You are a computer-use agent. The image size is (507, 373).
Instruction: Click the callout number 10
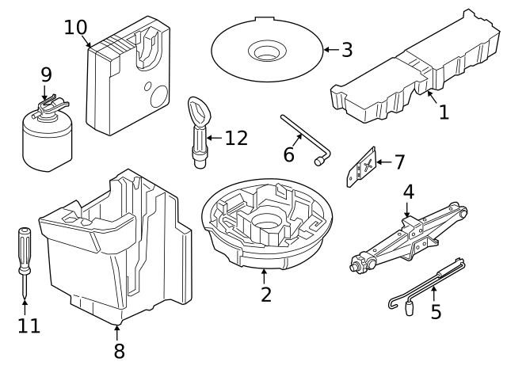click(x=76, y=27)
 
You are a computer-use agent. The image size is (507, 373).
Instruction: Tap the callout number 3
click(x=347, y=50)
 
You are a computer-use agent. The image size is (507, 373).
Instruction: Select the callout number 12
click(x=236, y=138)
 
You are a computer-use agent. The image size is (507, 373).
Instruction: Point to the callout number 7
click(x=399, y=162)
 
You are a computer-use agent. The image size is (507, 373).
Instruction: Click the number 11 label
click(x=29, y=325)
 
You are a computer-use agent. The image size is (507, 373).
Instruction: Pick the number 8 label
click(x=120, y=351)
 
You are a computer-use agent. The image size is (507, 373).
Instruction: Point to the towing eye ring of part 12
click(x=199, y=112)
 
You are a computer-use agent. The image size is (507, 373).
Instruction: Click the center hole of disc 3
click(x=267, y=52)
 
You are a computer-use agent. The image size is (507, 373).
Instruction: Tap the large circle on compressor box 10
click(x=159, y=97)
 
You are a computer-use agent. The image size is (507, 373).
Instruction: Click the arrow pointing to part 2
click(x=264, y=276)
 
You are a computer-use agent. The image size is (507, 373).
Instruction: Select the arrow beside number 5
click(x=434, y=294)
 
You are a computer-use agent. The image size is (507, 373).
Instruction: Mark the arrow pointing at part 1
click(x=432, y=97)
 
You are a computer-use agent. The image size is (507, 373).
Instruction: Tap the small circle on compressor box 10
click(x=147, y=86)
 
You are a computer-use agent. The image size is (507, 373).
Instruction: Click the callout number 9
click(x=46, y=75)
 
